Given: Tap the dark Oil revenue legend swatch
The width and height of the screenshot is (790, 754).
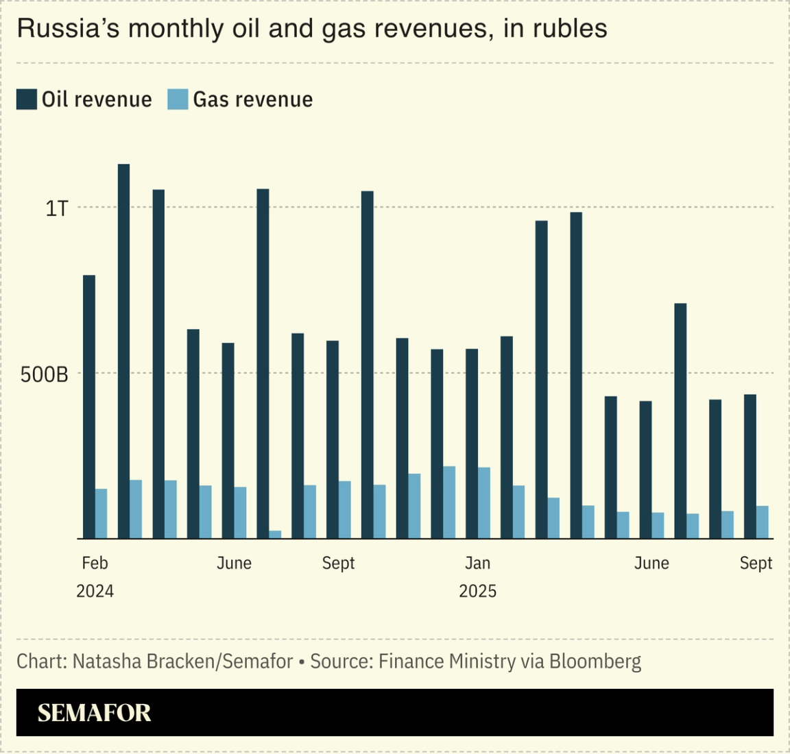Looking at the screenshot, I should [27, 99].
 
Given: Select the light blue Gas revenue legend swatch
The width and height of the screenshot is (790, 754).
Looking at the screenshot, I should [178, 99].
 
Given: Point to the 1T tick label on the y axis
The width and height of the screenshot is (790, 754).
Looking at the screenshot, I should [57, 208].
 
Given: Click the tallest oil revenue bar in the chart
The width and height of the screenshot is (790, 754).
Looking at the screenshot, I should [123, 351].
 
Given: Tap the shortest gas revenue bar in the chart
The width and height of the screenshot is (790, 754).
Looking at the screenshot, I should [275, 534].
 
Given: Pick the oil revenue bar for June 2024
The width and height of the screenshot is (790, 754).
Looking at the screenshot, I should [228, 440].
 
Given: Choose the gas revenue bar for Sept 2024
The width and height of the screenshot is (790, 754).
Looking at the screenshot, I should [344, 509].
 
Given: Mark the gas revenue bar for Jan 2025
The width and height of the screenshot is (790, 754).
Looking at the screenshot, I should [483, 502].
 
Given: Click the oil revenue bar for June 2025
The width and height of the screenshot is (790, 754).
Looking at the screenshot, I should [645, 470].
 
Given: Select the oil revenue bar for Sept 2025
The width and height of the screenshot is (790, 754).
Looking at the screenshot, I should [750, 466].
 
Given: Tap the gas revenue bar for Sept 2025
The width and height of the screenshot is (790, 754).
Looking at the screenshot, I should [762, 522].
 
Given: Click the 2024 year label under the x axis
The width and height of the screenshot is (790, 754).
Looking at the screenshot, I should [95, 591].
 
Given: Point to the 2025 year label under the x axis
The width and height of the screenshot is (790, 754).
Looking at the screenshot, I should [477, 591].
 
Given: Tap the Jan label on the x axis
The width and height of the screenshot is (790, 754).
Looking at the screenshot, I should [477, 563].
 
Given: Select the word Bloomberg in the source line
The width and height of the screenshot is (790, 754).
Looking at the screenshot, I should [595, 661].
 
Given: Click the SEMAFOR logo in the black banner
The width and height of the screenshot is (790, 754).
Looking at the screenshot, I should [94, 713].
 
